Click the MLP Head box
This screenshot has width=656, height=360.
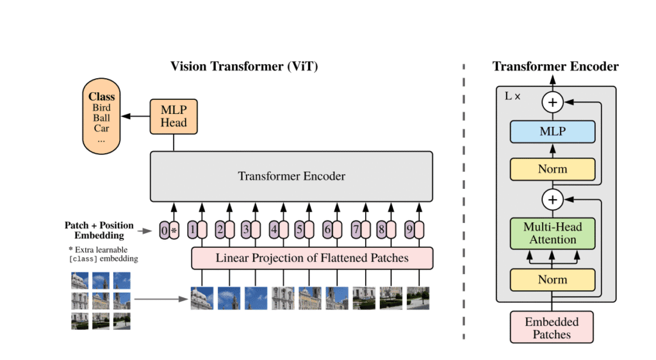pos(173,117)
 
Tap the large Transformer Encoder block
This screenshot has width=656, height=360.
pos(291,176)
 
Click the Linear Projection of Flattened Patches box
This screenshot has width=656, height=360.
pos(312,259)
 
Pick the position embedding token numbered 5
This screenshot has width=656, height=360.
pos(299,229)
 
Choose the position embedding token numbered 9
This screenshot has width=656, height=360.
pos(409,229)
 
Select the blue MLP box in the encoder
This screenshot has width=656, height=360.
pos(552,132)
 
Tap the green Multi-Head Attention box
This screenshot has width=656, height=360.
pos(552,233)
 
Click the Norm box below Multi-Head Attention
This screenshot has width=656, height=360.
pos(552,280)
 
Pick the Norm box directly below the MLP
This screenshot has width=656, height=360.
pos(552,170)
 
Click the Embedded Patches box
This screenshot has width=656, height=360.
pos(552,327)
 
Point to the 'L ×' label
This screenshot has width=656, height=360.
pos(512,96)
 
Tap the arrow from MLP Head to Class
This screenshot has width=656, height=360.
pos(136,117)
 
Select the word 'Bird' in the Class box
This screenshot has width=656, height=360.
pos(101,108)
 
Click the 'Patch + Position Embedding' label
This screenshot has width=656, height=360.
pos(99,230)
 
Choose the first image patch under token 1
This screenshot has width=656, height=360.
pos(202,299)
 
